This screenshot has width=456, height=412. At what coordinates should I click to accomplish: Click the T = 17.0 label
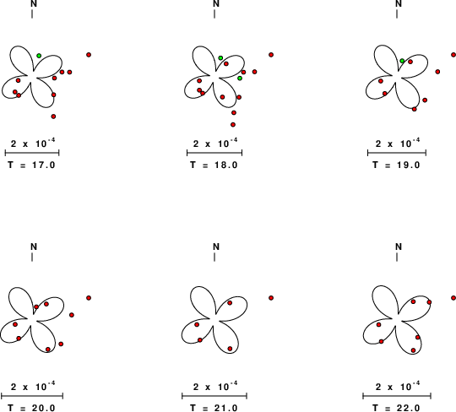[x=31, y=165]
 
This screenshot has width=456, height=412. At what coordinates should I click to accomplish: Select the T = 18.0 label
[x=214, y=165]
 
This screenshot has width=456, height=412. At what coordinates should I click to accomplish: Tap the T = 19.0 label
[x=396, y=165]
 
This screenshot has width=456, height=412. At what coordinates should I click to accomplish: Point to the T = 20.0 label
[x=31, y=408]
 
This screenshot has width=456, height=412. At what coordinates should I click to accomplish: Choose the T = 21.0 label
[x=214, y=408]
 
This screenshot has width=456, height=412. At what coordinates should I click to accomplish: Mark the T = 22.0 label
[x=396, y=408]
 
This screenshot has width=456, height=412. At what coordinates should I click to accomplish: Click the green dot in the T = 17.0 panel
[x=39, y=56]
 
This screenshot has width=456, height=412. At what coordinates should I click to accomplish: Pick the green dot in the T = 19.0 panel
[x=402, y=61]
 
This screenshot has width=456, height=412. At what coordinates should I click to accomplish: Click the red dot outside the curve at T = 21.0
[x=271, y=298]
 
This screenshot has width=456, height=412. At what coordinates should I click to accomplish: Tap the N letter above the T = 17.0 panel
[x=34, y=3]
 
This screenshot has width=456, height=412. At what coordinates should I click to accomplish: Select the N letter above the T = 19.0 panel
[x=399, y=3]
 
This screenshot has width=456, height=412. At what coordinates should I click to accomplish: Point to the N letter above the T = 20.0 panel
[x=34, y=247]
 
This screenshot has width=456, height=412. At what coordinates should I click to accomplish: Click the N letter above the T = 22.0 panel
[x=399, y=247]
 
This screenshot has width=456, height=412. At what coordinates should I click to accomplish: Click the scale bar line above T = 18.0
[x=214, y=152]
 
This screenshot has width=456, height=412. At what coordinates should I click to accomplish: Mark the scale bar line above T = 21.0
[x=214, y=396]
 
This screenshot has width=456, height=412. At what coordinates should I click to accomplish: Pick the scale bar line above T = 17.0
[x=32, y=152]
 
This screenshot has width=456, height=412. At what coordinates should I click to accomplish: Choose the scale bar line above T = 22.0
[x=397, y=396]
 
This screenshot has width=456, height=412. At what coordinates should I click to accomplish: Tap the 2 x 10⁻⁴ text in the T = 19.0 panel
[x=398, y=143]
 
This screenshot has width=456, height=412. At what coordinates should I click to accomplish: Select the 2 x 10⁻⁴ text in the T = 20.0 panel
[x=33, y=386]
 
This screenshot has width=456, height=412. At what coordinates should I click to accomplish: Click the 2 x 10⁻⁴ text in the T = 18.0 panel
[x=215, y=143]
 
